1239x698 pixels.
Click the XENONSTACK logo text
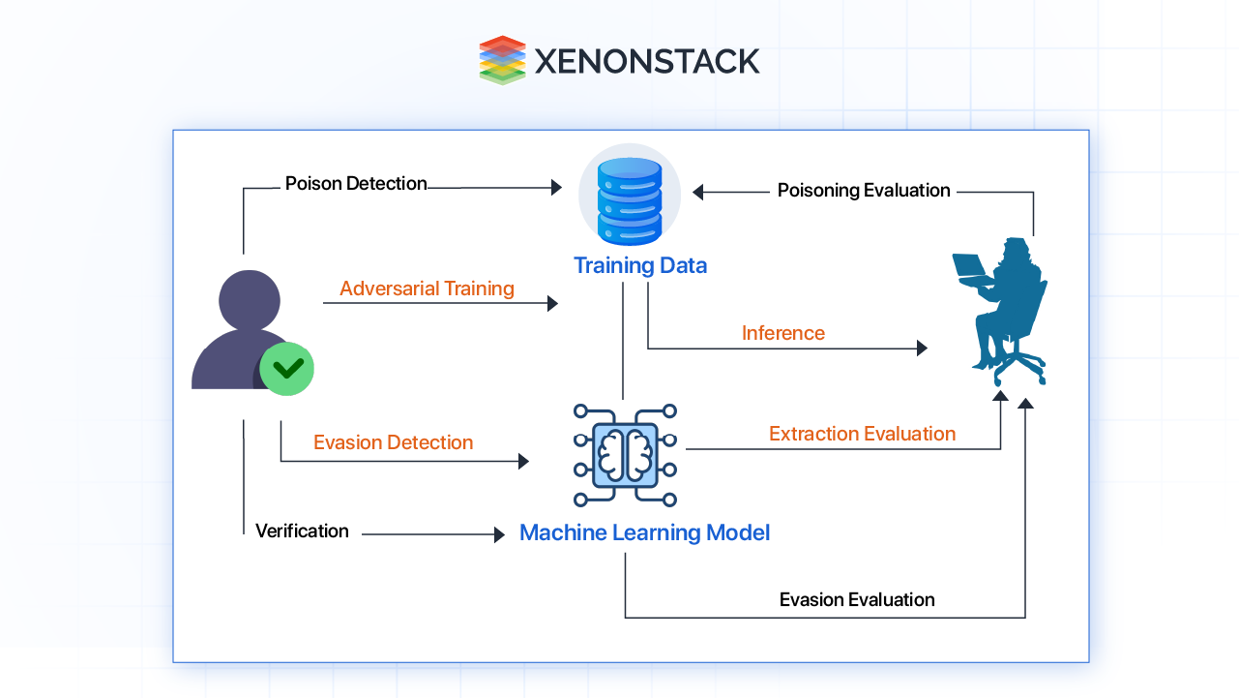(x=646, y=61)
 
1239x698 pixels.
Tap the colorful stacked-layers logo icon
(x=502, y=60)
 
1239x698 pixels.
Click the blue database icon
(x=629, y=198)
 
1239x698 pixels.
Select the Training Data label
(x=640, y=265)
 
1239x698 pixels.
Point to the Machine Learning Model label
(x=644, y=532)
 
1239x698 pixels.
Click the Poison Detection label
(x=356, y=184)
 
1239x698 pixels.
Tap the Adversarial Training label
(x=427, y=288)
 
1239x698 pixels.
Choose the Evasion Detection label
(x=393, y=442)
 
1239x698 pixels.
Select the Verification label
(x=302, y=531)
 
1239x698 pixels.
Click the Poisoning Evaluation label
(x=864, y=191)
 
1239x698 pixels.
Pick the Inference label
(x=783, y=333)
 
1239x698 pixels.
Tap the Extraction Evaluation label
(x=862, y=434)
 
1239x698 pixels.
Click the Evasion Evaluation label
(x=857, y=600)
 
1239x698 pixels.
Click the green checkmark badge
(x=287, y=368)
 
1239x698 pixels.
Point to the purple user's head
(x=250, y=299)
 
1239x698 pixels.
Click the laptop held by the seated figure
(x=970, y=266)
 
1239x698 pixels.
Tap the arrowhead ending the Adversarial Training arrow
(x=553, y=304)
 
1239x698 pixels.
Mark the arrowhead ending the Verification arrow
(x=500, y=534)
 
